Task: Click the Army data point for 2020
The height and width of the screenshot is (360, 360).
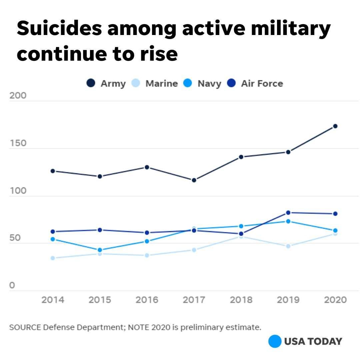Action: [x=335, y=126]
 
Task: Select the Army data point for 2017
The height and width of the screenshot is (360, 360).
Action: [x=194, y=180]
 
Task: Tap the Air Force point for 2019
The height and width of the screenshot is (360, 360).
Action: [x=288, y=213]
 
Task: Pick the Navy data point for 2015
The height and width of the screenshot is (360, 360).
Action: [x=100, y=250]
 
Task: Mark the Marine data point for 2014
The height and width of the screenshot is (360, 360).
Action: [x=53, y=258]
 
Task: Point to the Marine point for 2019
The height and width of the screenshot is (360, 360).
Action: [x=288, y=246]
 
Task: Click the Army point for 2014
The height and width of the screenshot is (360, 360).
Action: [x=53, y=171]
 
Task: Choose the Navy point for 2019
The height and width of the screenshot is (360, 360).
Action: [x=288, y=221]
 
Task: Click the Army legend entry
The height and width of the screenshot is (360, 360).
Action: [x=106, y=83]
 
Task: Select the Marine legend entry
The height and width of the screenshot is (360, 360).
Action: [x=156, y=83]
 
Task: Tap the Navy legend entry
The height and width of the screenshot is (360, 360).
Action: [x=202, y=83]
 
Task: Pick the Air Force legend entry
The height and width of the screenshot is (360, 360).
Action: [x=255, y=83]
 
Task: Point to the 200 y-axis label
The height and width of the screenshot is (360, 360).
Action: [x=18, y=96]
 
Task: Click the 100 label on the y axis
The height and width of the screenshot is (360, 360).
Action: [x=18, y=191]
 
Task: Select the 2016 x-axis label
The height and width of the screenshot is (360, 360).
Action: [x=147, y=300]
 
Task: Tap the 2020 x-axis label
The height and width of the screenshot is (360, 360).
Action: [x=335, y=300]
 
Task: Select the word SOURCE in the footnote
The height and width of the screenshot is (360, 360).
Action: [x=25, y=327]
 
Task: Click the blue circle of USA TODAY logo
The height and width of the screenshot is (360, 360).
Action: [x=275, y=341]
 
